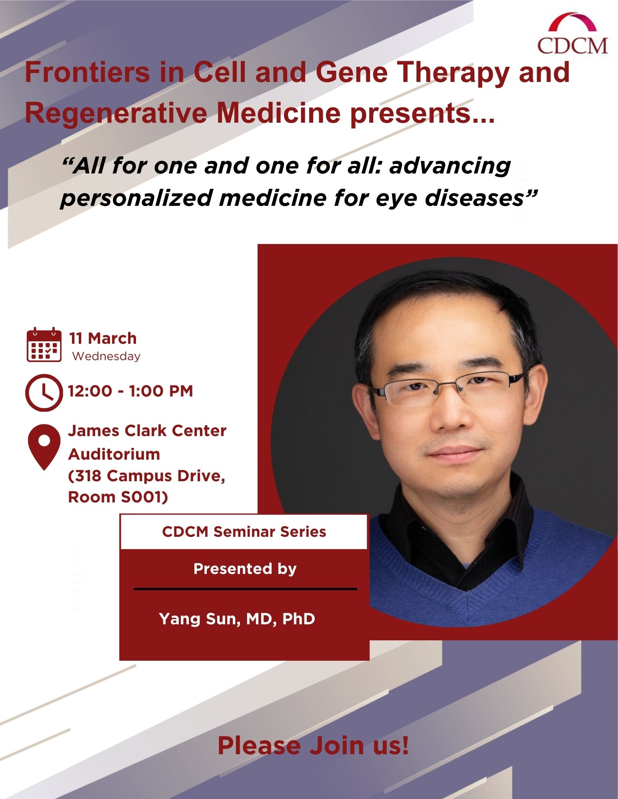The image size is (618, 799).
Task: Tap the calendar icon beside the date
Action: point(44,345)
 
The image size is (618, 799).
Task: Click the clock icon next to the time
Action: point(44,393)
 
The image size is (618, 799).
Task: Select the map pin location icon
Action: point(44,447)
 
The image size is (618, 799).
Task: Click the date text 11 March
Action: point(103,339)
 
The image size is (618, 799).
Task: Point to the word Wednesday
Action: point(106,356)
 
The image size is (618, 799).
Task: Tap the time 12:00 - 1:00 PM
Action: point(130,391)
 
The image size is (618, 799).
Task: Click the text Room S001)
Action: point(118,497)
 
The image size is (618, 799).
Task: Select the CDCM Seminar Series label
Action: point(244,532)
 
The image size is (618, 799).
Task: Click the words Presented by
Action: point(245,569)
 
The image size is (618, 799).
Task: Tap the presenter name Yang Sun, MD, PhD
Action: point(237,619)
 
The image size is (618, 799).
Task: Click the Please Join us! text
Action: point(313,745)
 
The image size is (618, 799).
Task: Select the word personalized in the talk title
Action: point(136,199)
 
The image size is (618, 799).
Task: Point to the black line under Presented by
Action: point(245,589)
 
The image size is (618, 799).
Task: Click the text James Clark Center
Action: point(147,431)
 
